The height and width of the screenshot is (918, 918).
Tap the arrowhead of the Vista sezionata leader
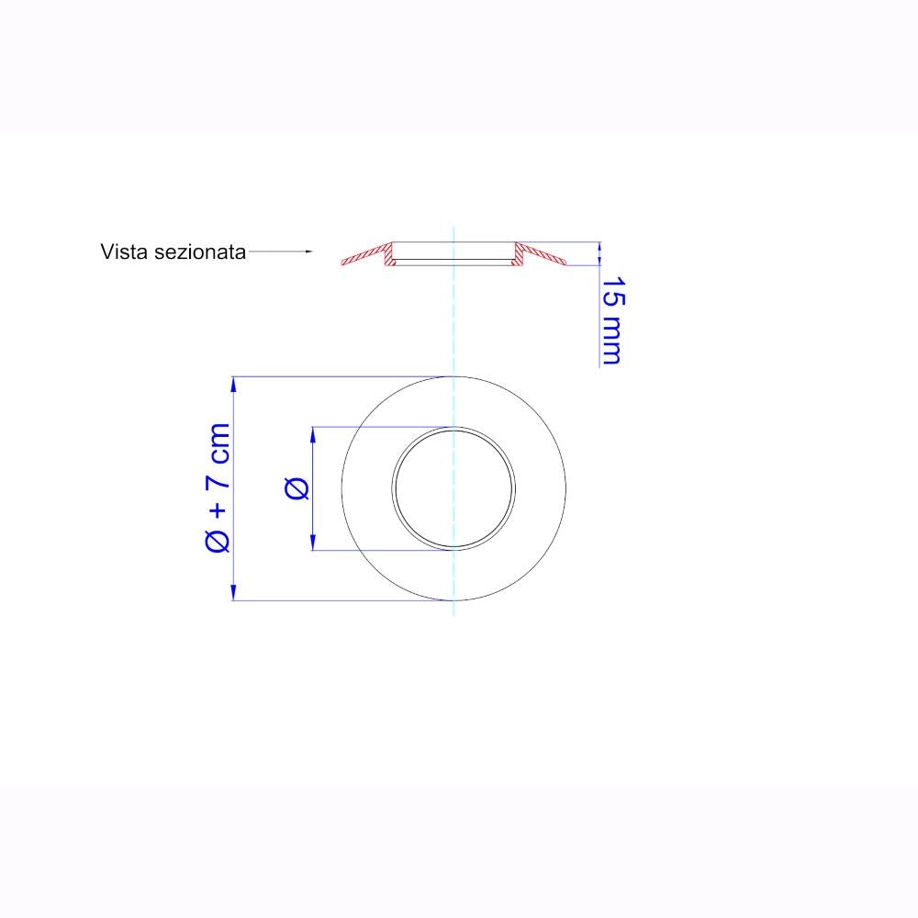tap(309, 252)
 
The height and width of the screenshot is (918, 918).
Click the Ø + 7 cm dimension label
tap(218, 488)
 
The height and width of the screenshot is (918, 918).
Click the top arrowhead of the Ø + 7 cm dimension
tap(233, 385)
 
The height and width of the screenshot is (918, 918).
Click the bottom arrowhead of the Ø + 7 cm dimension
tap(233, 592)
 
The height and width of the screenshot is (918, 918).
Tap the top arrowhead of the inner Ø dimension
tap(313, 435)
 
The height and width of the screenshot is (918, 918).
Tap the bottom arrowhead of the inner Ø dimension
tap(313, 543)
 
